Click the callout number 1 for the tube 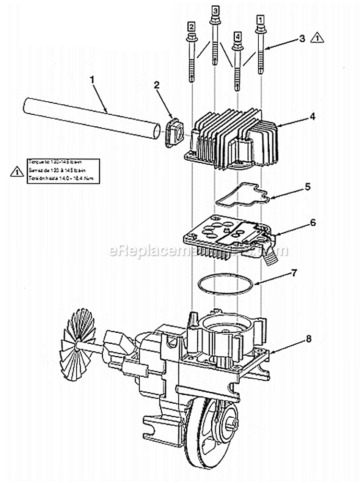point(92,79)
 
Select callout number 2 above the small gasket point(156,85)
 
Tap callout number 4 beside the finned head point(299,117)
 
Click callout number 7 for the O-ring point(294,274)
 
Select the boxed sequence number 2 point(191,26)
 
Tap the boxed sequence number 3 point(215,10)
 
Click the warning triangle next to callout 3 point(317,37)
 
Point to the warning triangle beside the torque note point(17,171)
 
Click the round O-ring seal point(226,286)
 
